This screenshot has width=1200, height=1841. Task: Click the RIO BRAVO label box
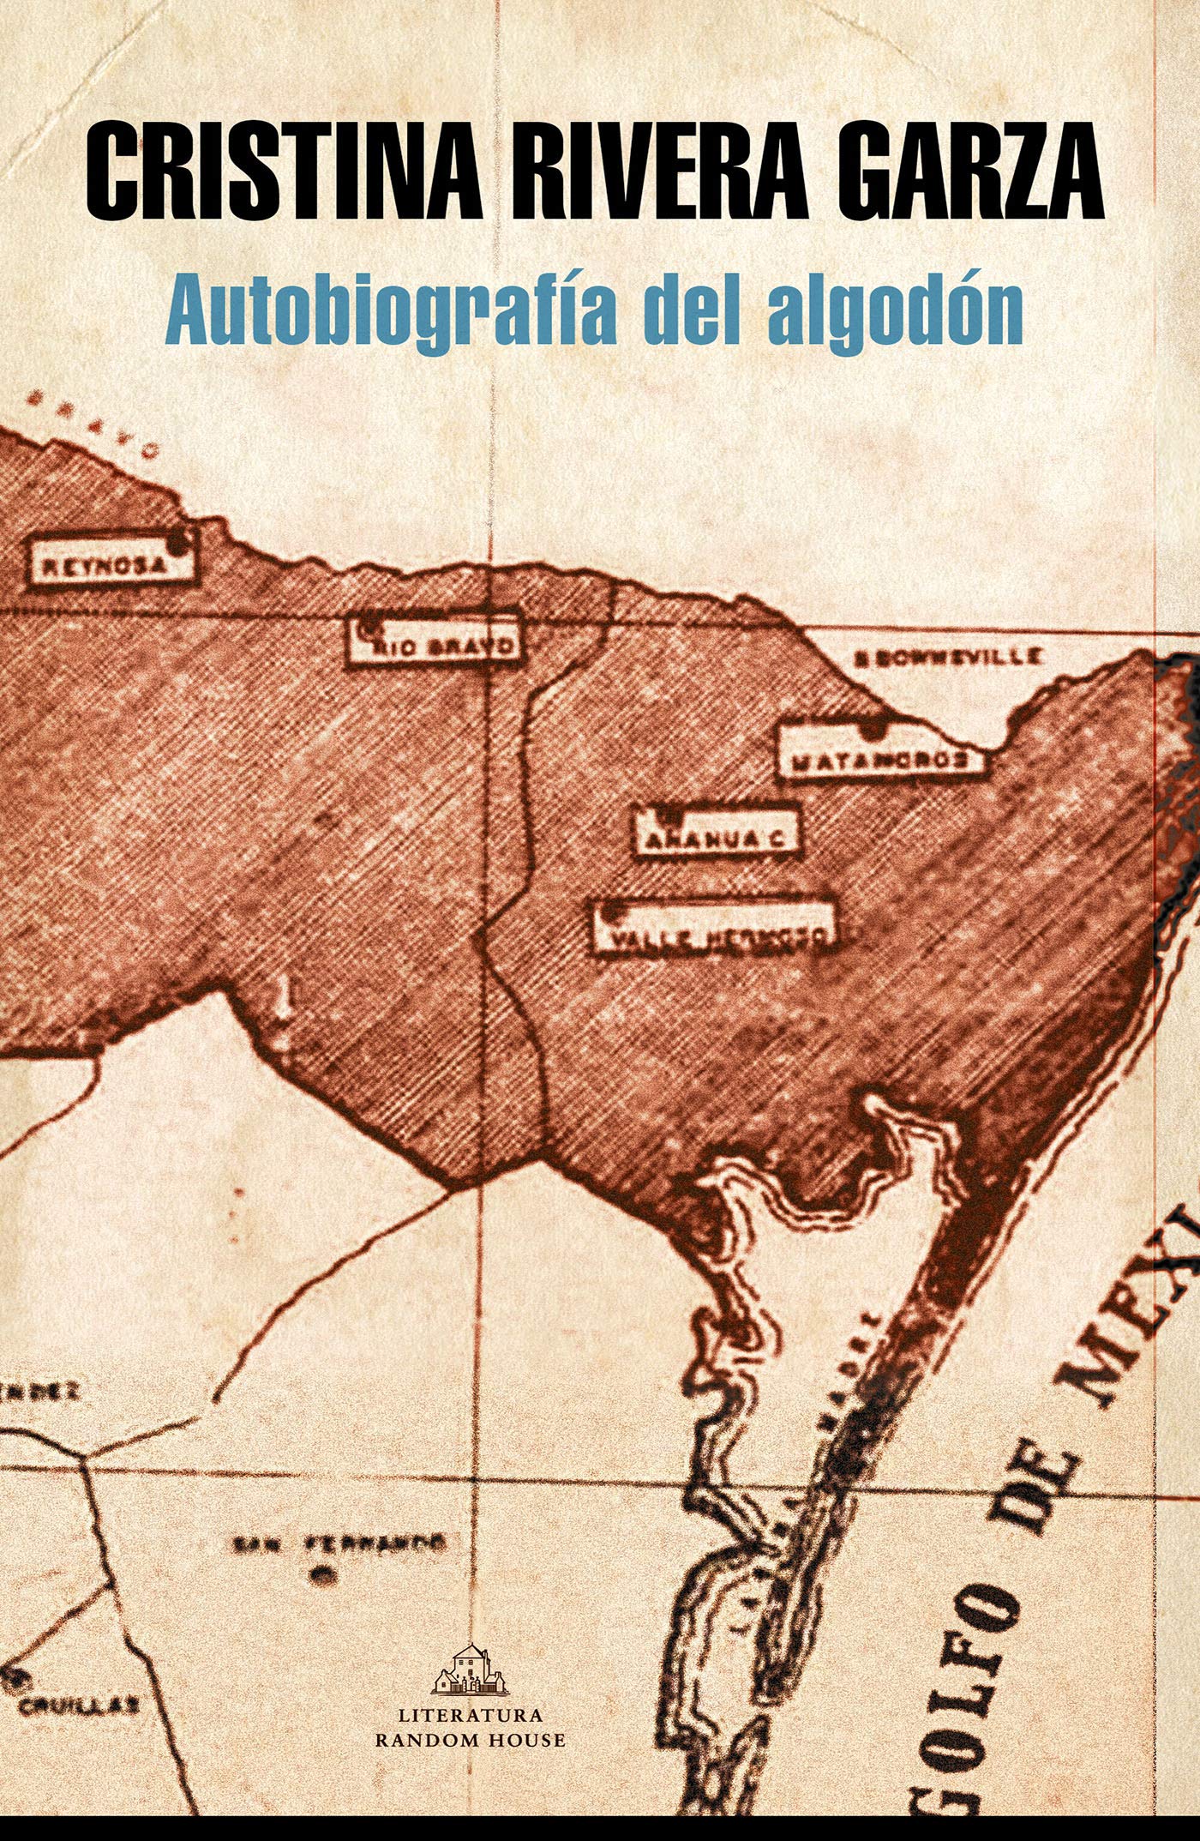pyautogui.click(x=435, y=639)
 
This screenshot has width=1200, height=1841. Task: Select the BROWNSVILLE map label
pyautogui.click(x=947, y=658)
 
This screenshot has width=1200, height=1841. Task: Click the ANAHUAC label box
pyautogui.click(x=716, y=830)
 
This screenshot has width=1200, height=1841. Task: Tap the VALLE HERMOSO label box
pyautogui.click(x=715, y=928)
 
